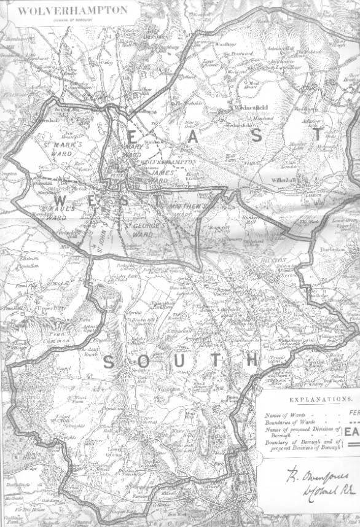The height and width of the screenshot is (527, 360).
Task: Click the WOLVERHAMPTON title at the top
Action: point(73,10)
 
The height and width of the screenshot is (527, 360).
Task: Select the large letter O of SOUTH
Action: point(143,362)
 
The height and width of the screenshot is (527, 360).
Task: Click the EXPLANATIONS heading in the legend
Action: point(307,399)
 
